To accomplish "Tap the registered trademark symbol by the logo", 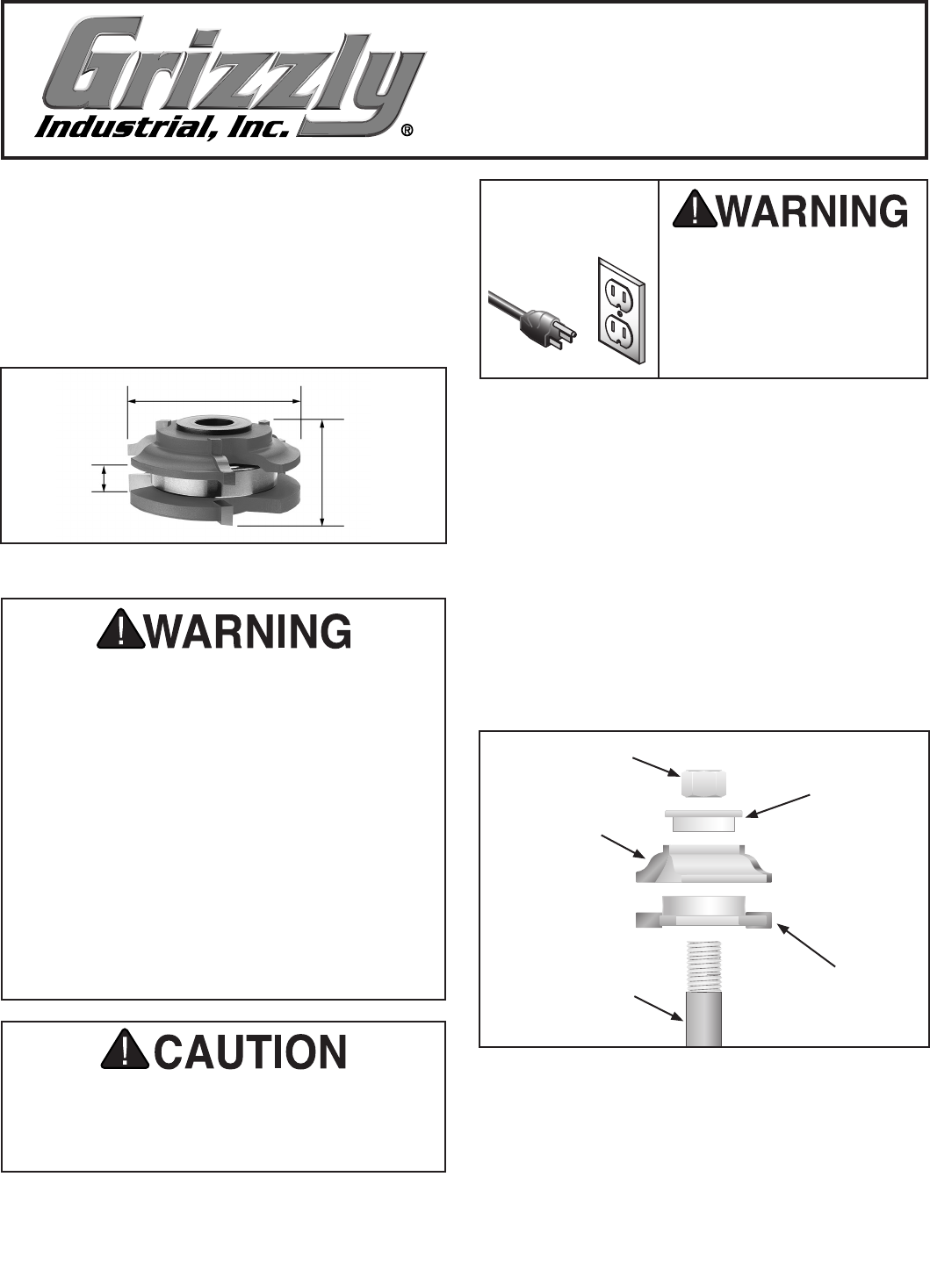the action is click(x=407, y=131).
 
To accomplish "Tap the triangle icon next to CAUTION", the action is click(x=126, y=1051).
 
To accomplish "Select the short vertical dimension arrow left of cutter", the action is click(x=105, y=478).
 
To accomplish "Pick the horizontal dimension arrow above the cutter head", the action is click(x=214, y=401).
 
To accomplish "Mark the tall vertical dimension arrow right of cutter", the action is click(x=322, y=473).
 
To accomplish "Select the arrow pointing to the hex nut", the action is click(x=656, y=766).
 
